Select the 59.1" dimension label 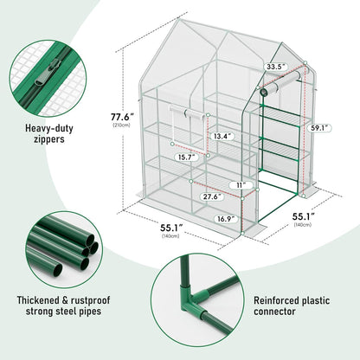click(x=319, y=128)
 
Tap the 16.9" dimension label click(x=227, y=220)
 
